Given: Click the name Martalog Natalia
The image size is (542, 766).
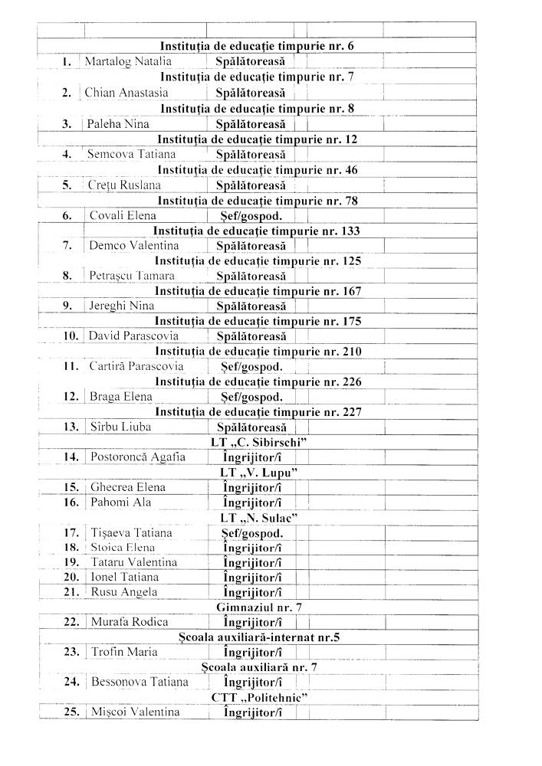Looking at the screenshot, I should [x=128, y=61].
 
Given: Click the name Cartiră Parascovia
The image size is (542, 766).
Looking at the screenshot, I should [x=136, y=366].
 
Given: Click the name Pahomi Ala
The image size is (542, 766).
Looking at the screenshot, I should [x=116, y=502].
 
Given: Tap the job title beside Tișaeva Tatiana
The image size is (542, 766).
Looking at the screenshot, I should [x=252, y=533].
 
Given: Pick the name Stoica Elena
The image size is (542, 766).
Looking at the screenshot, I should [x=123, y=548].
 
